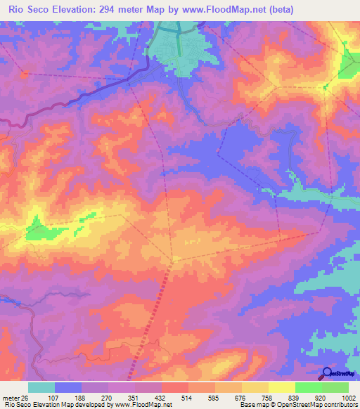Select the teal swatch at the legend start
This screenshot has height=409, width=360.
41,387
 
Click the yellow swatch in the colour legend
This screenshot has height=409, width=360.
282,387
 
